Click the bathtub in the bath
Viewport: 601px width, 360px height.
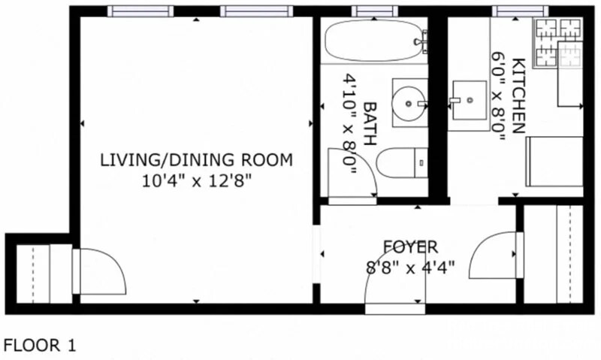pos(376,41)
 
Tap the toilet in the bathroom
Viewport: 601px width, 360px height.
pos(402,162)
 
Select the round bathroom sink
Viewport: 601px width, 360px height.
pos(409,103)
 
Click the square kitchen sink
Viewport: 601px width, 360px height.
pos(469,100)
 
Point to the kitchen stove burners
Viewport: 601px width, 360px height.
pos(559,41)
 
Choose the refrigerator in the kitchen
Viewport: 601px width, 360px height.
pos(554,162)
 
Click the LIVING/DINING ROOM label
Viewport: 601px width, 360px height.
pos(196,159)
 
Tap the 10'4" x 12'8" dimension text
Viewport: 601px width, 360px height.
pos(197,180)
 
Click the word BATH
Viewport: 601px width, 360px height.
pos(369,123)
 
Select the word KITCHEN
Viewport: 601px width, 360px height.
pos(518,95)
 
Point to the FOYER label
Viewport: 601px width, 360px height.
pos(410,247)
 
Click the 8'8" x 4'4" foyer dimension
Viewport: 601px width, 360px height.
pos(410,268)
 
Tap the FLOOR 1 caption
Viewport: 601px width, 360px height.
pos(40,346)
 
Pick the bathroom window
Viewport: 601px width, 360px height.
pos(374,11)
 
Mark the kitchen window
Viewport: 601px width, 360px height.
pos(520,11)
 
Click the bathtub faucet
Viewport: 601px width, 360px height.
pos(421,41)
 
